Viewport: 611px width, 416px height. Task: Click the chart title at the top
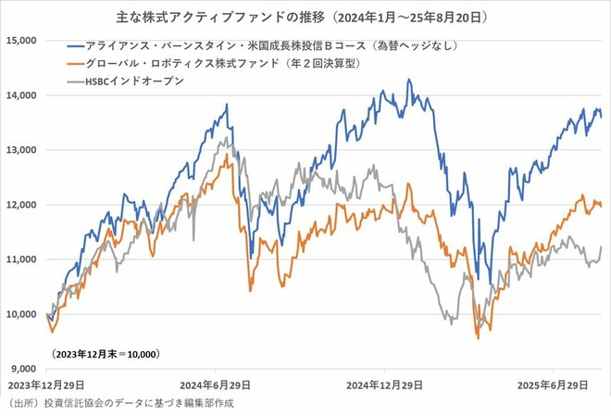(x=305, y=17)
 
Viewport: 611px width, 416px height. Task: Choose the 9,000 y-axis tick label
(x=22, y=369)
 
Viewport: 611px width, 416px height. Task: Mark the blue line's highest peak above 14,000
(x=408, y=80)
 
